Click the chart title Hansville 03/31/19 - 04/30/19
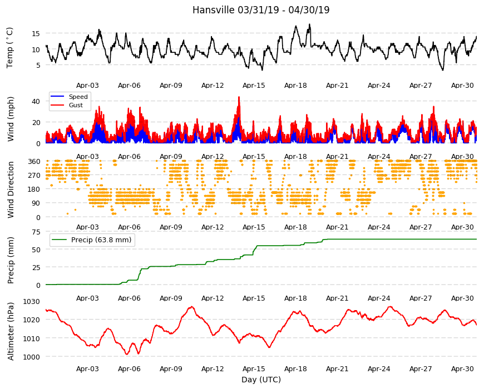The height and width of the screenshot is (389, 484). (x=261, y=10)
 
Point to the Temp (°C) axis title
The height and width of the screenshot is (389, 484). (x=10, y=48)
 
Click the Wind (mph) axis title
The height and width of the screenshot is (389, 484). (x=11, y=119)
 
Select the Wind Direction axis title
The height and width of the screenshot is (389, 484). (x=11, y=189)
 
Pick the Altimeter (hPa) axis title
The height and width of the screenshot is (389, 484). (x=11, y=331)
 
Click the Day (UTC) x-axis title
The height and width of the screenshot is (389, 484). (x=261, y=380)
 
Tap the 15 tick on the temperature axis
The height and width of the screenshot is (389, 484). (x=36, y=33)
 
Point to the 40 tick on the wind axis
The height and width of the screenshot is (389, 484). (x=36, y=101)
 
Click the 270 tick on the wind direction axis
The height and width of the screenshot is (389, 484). (x=34, y=176)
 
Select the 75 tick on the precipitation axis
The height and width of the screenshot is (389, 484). (x=36, y=232)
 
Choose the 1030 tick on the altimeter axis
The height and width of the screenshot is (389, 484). (x=32, y=301)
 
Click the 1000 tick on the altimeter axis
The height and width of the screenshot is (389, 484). (x=32, y=357)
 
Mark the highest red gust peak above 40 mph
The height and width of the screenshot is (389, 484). (x=239, y=97)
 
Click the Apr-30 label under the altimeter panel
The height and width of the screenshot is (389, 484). (x=462, y=368)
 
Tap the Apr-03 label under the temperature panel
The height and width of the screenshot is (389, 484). (x=88, y=86)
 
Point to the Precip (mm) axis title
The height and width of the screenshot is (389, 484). (x=11, y=260)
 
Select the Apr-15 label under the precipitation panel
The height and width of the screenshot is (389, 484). (x=254, y=298)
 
